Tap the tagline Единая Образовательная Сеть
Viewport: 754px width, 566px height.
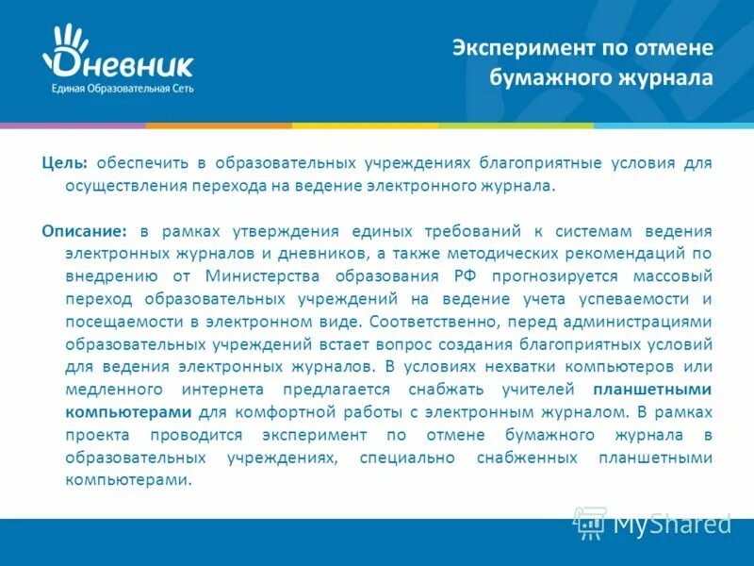[x=118, y=87]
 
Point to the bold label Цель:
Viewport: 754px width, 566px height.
[x=64, y=163]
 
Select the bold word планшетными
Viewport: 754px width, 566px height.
[x=652, y=389]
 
